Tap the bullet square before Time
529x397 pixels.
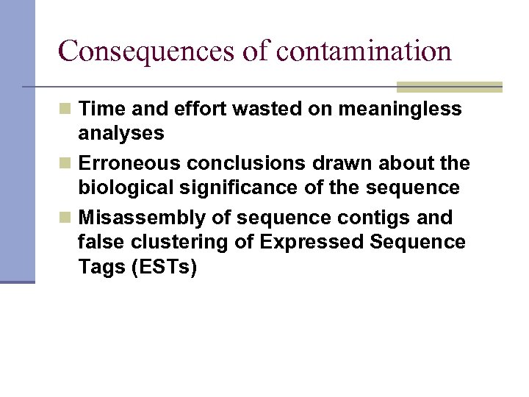(x=66, y=110)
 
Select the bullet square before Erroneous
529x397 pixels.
(x=66, y=163)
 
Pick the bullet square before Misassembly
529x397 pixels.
(x=66, y=218)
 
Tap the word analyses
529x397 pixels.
(x=121, y=134)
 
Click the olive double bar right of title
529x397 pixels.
(x=449, y=87)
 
